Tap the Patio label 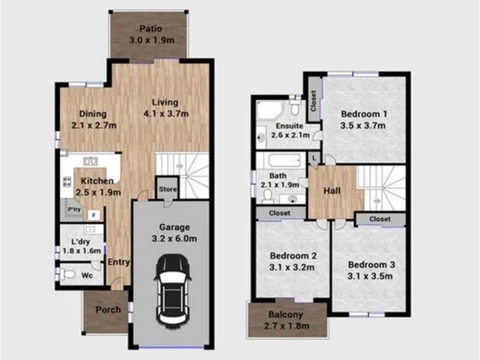point(151,29)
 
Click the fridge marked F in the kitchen point(94,215)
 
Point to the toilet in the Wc point(67,274)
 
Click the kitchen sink point(91,161)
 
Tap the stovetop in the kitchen point(67,181)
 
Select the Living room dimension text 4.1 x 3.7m point(166,114)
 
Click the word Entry point(119,263)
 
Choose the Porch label point(108,310)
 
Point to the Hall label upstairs point(332,191)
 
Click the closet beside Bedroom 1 point(314,99)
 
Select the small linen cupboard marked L point(314,158)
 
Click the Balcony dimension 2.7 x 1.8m point(287,326)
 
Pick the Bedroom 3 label point(371,265)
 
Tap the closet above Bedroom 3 point(380,219)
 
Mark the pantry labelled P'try point(74,210)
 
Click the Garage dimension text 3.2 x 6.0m point(175,239)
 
